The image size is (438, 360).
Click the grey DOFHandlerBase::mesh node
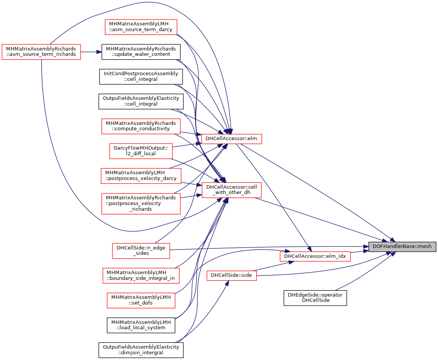point(402,246)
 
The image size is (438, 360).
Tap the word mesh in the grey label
point(424,246)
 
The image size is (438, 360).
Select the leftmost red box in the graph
point(41,52)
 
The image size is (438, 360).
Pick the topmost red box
point(141,27)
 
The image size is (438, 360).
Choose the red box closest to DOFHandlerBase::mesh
point(315,256)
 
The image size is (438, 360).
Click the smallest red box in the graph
point(231,276)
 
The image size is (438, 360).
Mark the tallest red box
point(141,204)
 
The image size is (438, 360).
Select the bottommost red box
point(141,300)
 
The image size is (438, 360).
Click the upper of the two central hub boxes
point(231,139)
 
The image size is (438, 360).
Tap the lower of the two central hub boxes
point(231,190)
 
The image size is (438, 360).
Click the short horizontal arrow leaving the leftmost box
point(91,52)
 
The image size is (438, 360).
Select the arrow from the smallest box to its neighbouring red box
point(274,265)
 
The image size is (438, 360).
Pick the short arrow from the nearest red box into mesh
point(359,251)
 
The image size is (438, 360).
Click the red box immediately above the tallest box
point(141,176)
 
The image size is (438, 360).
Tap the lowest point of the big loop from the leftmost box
point(131,231)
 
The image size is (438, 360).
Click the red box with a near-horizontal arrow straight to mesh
point(141,251)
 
